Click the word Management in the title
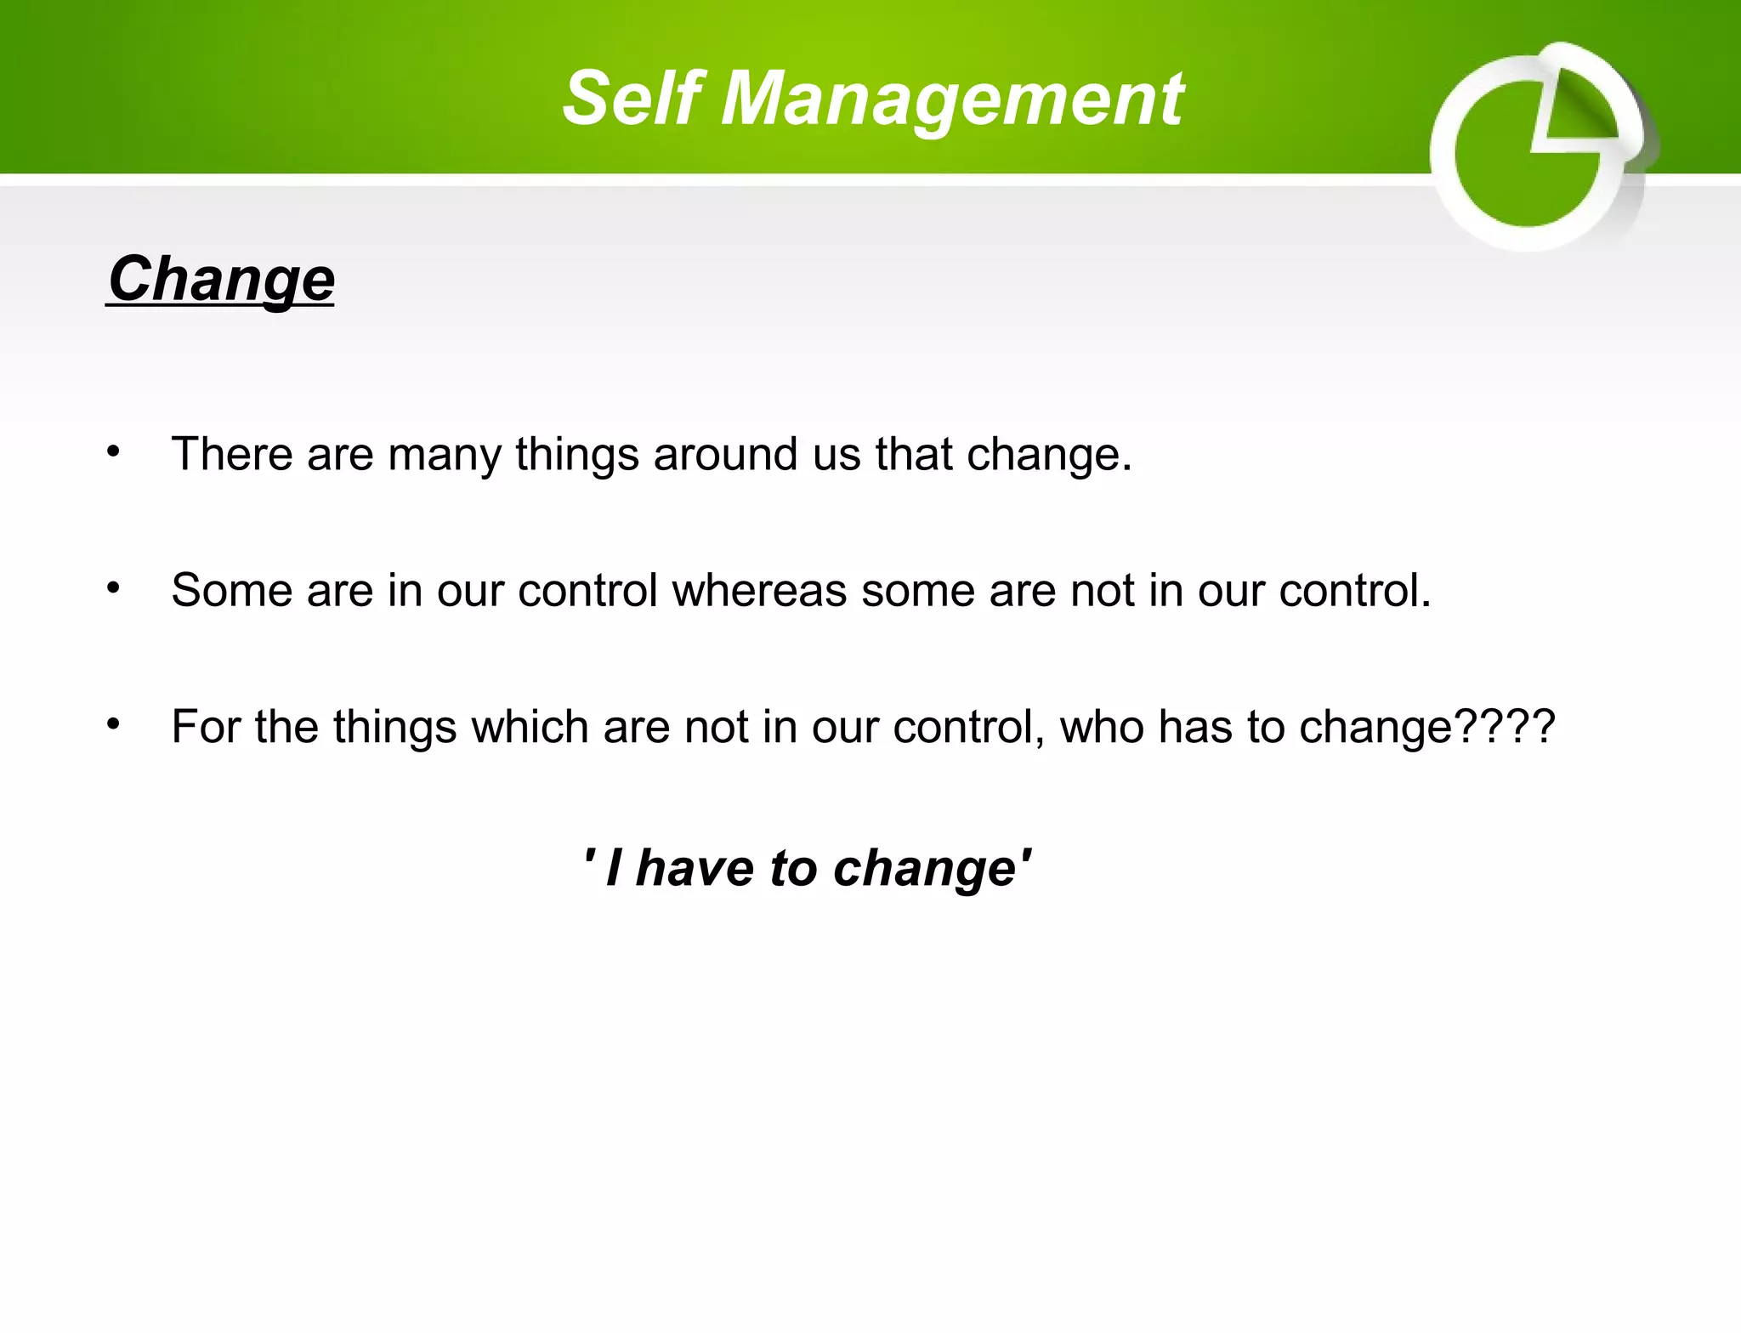point(952,100)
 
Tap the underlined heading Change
point(221,279)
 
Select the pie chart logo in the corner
point(1539,146)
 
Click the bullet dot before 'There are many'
point(113,451)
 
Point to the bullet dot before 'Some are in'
point(113,587)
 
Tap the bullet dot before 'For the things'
point(113,724)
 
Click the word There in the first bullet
point(232,453)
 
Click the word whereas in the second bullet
point(759,590)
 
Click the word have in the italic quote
point(695,868)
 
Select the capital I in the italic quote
point(614,868)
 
